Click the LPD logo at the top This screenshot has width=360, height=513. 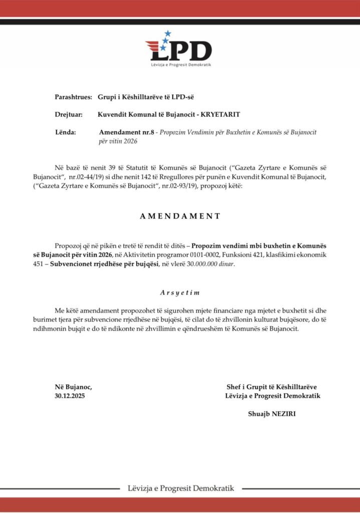pos(179,50)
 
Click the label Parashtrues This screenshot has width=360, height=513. pos(70,96)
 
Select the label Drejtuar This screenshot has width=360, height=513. pos(69,115)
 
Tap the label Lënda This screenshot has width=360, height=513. pos(65,132)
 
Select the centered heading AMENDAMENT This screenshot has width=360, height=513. pos(180,216)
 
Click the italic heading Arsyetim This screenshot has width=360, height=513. pos(180,292)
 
